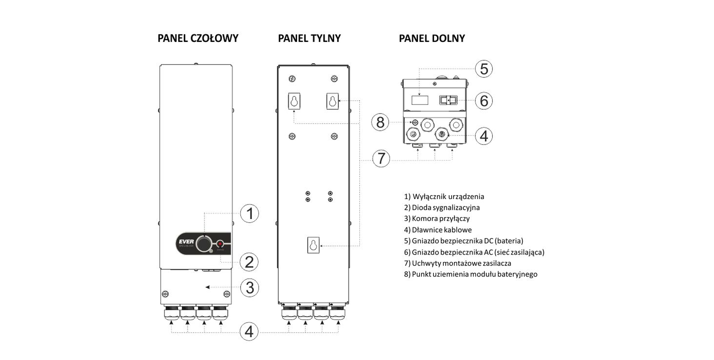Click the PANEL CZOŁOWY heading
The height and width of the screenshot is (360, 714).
pyautogui.click(x=198, y=38)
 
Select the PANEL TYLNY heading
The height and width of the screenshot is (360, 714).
pyautogui.click(x=309, y=38)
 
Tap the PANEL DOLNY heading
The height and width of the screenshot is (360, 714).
pyautogui.click(x=432, y=38)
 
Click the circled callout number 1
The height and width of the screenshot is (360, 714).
pyautogui.click(x=249, y=214)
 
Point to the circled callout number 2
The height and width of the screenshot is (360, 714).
pyautogui.click(x=249, y=262)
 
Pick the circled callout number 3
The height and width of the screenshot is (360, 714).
pyautogui.click(x=249, y=287)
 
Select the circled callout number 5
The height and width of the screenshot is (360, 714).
pyautogui.click(x=483, y=69)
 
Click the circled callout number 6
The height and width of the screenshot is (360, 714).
pyautogui.click(x=483, y=101)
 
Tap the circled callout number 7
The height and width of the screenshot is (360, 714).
pyautogui.click(x=381, y=159)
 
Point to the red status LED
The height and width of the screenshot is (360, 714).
pyautogui.click(x=220, y=243)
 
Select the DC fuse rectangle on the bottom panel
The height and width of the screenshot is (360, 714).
pyautogui.click(x=419, y=100)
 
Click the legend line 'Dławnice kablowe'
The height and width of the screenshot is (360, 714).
pyautogui.click(x=437, y=230)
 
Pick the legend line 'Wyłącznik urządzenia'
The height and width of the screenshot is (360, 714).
pyautogui.click(x=444, y=197)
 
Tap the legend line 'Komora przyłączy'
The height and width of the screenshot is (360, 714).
pyautogui.click(x=436, y=219)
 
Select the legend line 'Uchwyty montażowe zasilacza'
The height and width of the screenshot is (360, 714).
pyautogui.click(x=457, y=263)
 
